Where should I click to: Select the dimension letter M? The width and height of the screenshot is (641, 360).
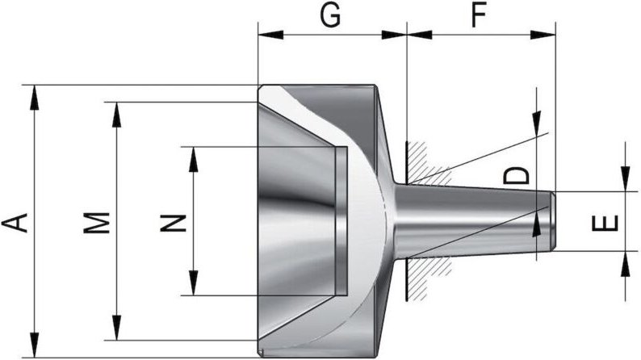[x=97, y=221]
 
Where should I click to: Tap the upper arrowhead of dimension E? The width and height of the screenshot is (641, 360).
[x=626, y=181]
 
